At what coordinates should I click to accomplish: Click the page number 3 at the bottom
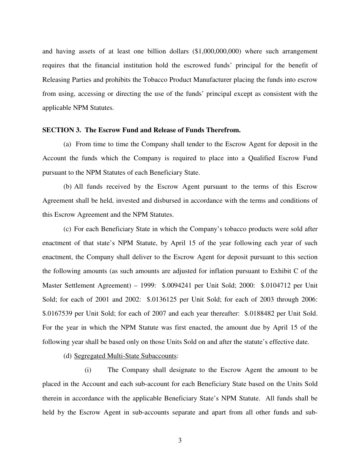click(180, 440)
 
